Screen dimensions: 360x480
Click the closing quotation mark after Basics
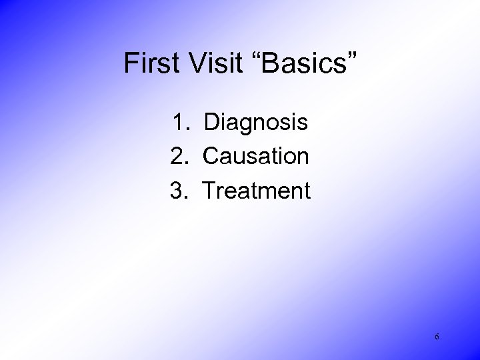[x=351, y=56]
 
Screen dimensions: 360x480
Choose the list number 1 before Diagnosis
[x=180, y=123]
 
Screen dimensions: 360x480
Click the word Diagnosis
[x=256, y=123]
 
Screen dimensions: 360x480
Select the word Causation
[x=256, y=157]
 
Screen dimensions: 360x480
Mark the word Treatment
[x=257, y=191]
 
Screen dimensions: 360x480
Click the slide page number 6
[x=437, y=337]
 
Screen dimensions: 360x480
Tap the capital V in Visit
[x=189, y=63]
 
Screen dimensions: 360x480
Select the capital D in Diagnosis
[x=212, y=123]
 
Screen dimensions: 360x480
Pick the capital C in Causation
[x=212, y=157]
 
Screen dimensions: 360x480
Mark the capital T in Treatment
[x=209, y=191]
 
